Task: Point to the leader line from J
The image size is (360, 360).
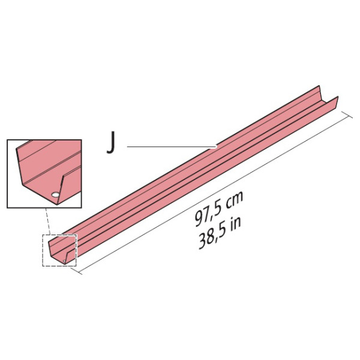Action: pyautogui.click(x=172, y=146)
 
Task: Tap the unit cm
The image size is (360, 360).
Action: pyautogui.click(x=233, y=200)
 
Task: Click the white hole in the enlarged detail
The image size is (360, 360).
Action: pyautogui.click(x=55, y=195)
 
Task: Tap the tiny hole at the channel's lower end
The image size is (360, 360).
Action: pyautogui.click(x=64, y=261)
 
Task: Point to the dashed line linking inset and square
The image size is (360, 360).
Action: pyautogui.click(x=48, y=221)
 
